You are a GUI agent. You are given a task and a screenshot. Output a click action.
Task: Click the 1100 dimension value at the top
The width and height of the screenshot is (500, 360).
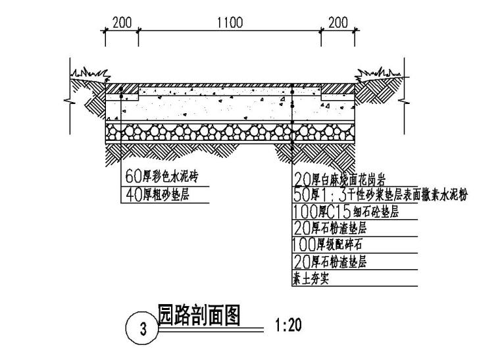pos(230,22)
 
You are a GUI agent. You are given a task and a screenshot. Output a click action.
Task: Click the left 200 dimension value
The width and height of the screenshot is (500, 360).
pos(122,22)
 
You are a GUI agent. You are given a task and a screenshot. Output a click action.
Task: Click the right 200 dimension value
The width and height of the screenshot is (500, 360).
pos(337,22)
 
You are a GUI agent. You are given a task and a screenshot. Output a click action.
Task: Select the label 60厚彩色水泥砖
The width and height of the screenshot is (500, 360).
pos(161,177)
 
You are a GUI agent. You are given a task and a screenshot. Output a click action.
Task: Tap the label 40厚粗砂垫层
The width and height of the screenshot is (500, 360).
pos(157,194)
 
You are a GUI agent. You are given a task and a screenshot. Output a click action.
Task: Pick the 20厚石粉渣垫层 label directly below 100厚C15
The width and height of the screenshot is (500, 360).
pos(330,228)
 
